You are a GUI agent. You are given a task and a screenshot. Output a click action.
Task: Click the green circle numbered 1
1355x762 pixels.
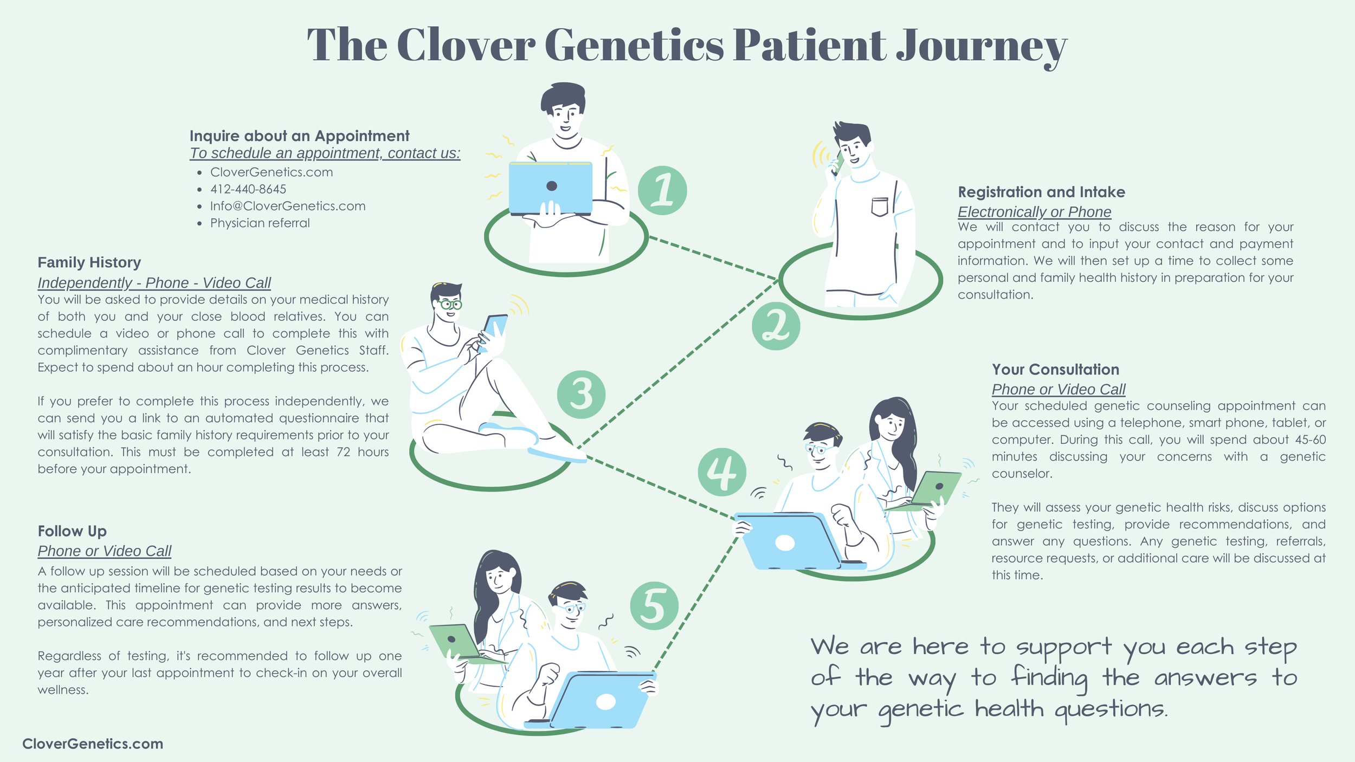tap(662, 190)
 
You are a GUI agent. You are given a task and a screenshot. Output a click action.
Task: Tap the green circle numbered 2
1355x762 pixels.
tap(776, 326)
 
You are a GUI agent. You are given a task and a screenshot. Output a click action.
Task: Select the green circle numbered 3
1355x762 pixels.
tap(581, 395)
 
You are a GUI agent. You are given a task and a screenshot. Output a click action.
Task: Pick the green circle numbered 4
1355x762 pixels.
tap(722, 472)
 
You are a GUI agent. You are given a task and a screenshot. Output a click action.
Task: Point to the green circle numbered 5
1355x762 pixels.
tap(654, 606)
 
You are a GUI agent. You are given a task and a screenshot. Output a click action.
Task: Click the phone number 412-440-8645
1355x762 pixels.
tap(248, 189)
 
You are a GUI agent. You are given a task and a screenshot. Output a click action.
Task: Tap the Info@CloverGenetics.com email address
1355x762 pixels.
tap(288, 206)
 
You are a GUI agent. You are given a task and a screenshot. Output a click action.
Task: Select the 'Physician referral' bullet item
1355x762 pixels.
tap(260, 223)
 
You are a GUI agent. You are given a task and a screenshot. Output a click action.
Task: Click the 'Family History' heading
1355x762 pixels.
tap(89, 263)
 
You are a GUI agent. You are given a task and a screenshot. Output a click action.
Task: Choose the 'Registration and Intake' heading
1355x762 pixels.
tap(1041, 192)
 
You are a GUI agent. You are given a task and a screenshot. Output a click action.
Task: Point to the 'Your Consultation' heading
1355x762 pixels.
tap(1055, 370)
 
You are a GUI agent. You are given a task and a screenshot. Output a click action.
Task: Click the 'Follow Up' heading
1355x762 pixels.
tap(72, 531)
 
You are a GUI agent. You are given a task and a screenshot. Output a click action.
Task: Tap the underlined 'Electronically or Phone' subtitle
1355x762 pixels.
tap(1034, 212)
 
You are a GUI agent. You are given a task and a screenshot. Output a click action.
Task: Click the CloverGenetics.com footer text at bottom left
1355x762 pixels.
tap(93, 744)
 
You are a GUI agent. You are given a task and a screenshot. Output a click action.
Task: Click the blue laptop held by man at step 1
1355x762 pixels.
tap(551, 188)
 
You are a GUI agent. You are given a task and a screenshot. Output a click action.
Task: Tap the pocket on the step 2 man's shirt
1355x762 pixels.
tap(880, 207)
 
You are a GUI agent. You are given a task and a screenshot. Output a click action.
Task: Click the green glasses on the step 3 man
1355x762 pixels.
tap(450, 304)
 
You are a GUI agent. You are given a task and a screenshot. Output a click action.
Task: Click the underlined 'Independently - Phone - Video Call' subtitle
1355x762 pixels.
tap(154, 283)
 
